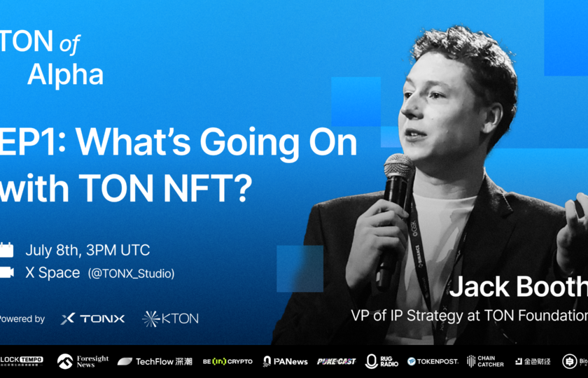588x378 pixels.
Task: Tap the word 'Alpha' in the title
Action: pyautogui.click(x=65, y=75)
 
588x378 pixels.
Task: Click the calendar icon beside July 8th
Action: pyautogui.click(x=6, y=250)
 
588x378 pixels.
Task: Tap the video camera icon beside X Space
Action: pyautogui.click(x=6, y=272)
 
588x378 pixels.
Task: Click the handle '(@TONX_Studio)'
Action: pyautogui.click(x=131, y=273)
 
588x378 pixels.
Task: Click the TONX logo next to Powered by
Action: pyautogui.click(x=92, y=318)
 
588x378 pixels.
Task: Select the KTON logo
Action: pyautogui.click(x=170, y=318)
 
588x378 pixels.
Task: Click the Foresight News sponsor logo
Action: pyautogui.click(x=83, y=361)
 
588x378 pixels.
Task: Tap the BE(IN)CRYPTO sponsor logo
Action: pyautogui.click(x=227, y=361)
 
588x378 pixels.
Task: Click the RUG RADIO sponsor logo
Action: pyautogui.click(x=381, y=361)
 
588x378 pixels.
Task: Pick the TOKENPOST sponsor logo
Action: pyautogui.click(x=433, y=361)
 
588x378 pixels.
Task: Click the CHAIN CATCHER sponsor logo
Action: pyautogui.click(x=485, y=361)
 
